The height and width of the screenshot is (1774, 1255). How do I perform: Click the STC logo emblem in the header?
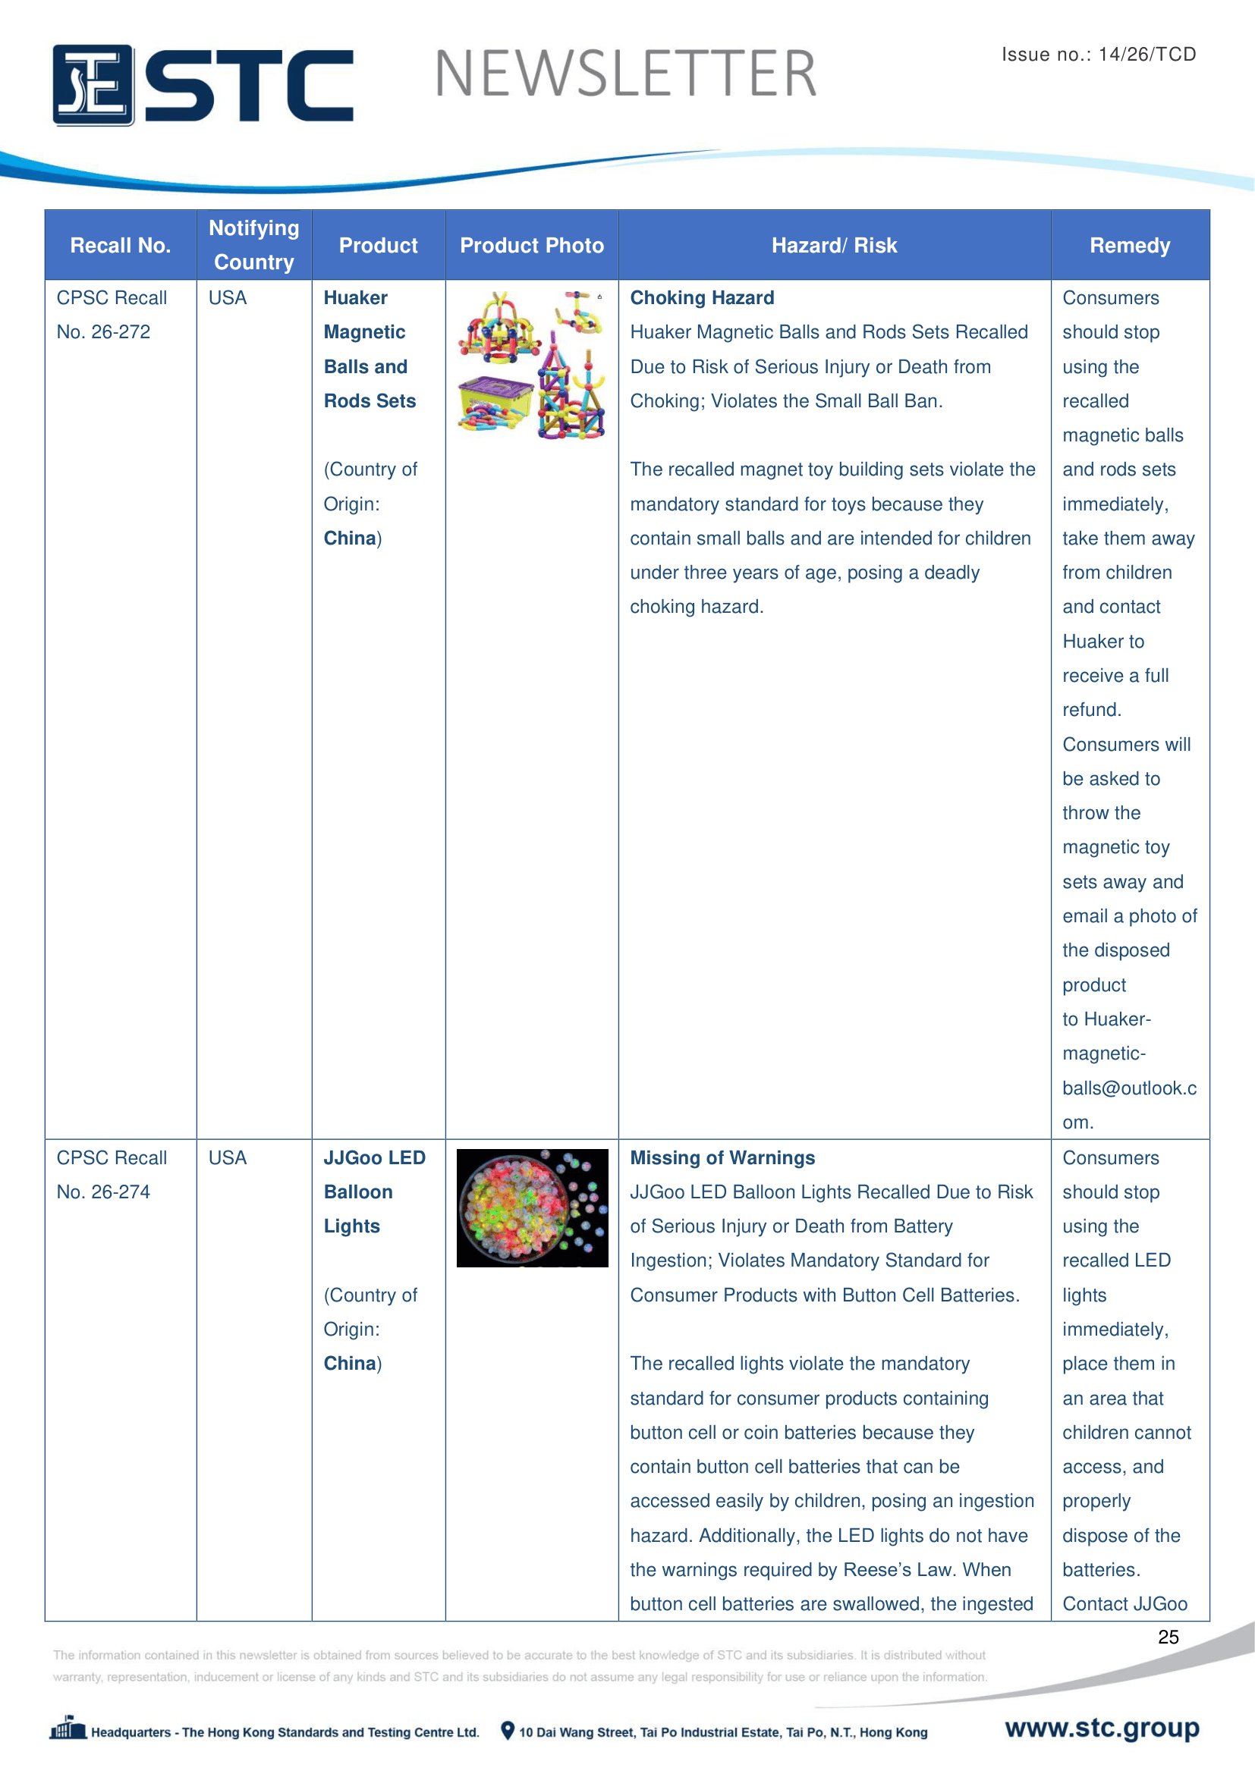coord(93,85)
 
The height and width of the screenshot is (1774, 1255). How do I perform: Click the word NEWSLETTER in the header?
coord(625,74)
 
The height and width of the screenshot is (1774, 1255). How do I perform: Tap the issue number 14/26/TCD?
coord(1146,54)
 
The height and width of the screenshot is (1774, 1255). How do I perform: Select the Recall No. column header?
coord(120,246)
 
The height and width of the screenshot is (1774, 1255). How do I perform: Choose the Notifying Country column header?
coord(253,245)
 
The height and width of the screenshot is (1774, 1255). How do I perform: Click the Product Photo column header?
coord(532,246)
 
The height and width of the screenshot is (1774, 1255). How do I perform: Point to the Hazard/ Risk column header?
coord(834,246)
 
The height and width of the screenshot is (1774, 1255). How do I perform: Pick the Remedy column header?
coord(1129,246)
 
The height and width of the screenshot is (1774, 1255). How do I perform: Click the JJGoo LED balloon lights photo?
coord(532,1207)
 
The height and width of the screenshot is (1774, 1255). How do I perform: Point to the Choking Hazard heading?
coord(702,298)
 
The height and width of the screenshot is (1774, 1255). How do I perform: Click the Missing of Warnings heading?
coord(722,1157)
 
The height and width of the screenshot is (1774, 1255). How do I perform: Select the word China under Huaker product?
coord(349,538)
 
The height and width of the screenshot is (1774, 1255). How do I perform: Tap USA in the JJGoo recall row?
coord(227,1157)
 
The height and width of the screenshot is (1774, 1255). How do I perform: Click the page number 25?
coord(1168,1637)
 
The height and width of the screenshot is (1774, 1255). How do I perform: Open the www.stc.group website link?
coord(1101,1728)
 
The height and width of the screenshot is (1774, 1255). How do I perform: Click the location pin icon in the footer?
coord(508,1731)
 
